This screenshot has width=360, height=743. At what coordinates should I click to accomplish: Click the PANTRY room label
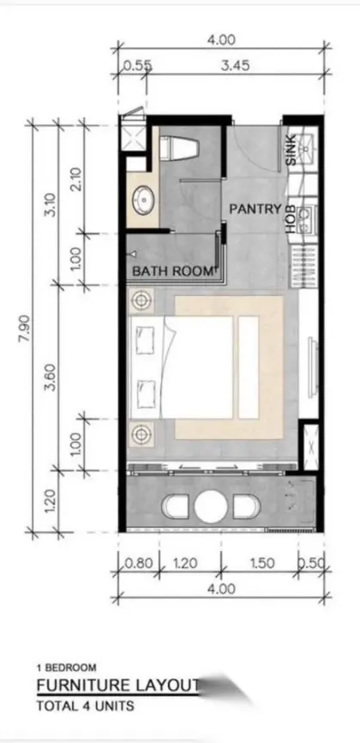tap(255, 208)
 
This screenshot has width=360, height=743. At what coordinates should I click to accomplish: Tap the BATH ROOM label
tap(172, 272)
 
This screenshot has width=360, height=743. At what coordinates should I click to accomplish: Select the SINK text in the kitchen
tap(291, 150)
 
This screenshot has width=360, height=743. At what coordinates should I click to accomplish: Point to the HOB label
tap(291, 219)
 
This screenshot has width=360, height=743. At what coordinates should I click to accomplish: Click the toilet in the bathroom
tap(178, 148)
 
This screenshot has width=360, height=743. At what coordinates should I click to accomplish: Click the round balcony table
tap(210, 506)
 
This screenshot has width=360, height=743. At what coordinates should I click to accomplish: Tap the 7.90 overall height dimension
tap(25, 328)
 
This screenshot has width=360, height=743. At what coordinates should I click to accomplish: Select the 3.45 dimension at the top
tap(236, 65)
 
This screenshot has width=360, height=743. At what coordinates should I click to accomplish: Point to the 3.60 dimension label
tap(51, 377)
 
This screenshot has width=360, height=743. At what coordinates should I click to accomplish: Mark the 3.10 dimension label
tap(51, 205)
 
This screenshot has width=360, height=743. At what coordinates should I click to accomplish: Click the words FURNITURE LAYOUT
tap(117, 686)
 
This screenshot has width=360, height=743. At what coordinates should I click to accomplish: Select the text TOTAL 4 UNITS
tap(85, 706)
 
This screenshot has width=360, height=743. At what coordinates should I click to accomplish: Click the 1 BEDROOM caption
tap(66, 668)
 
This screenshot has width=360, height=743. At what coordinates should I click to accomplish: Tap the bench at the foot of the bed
tap(249, 368)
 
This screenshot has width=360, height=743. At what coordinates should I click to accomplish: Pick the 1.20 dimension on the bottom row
tap(186, 563)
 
